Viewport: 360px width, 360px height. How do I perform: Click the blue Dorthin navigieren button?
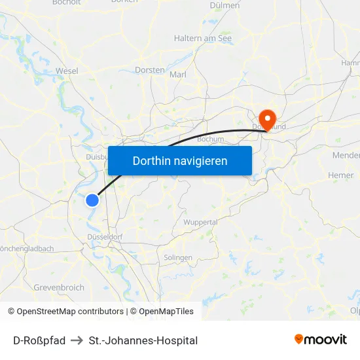point(180,160)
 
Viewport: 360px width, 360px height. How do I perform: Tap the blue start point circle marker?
point(93,200)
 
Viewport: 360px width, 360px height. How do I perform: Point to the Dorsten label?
point(149,69)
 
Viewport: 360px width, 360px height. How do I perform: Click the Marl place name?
point(178,75)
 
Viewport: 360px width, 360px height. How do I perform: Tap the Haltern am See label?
point(203,39)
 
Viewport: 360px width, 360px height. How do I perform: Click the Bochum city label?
point(210,139)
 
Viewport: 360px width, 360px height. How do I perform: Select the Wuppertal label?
point(200,223)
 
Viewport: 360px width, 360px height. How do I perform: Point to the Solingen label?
point(178,257)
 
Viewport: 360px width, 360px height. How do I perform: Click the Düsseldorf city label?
point(105,236)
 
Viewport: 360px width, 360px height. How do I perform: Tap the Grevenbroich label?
point(59,287)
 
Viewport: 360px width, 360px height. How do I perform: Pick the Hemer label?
point(340,175)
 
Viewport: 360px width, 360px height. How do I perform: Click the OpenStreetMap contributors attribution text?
point(70,312)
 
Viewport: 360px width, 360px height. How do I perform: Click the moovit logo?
point(321,339)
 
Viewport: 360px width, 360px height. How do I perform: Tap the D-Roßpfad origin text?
point(39,340)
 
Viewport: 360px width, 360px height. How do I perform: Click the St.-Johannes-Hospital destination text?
point(143,340)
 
